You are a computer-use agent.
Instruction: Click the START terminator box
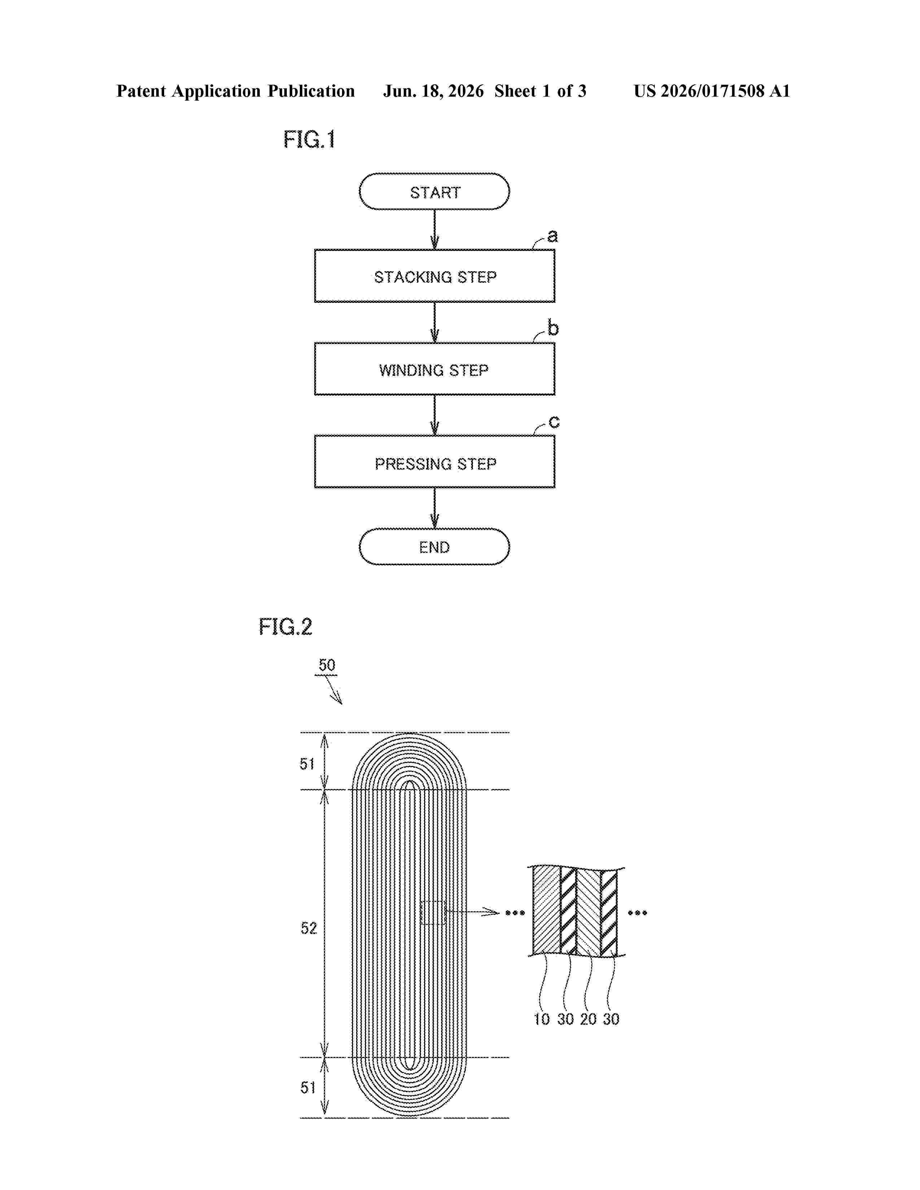434,192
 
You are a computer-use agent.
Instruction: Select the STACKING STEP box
434,276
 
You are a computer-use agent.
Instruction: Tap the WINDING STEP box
434,369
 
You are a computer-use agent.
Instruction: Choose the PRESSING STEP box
434,462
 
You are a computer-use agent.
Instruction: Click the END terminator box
434,547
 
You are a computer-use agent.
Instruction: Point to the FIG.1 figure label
309,140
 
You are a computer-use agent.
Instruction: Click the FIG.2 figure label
285,627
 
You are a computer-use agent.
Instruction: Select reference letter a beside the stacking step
553,236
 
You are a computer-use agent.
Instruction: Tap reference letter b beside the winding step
553,328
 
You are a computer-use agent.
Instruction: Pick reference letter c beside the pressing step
554,422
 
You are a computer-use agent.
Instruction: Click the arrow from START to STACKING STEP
434,229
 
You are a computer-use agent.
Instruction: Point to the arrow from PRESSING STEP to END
434,508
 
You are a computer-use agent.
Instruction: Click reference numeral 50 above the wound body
327,665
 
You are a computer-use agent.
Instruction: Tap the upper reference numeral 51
307,764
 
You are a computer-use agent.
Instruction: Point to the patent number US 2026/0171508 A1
712,91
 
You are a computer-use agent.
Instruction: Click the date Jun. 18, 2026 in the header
433,91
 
